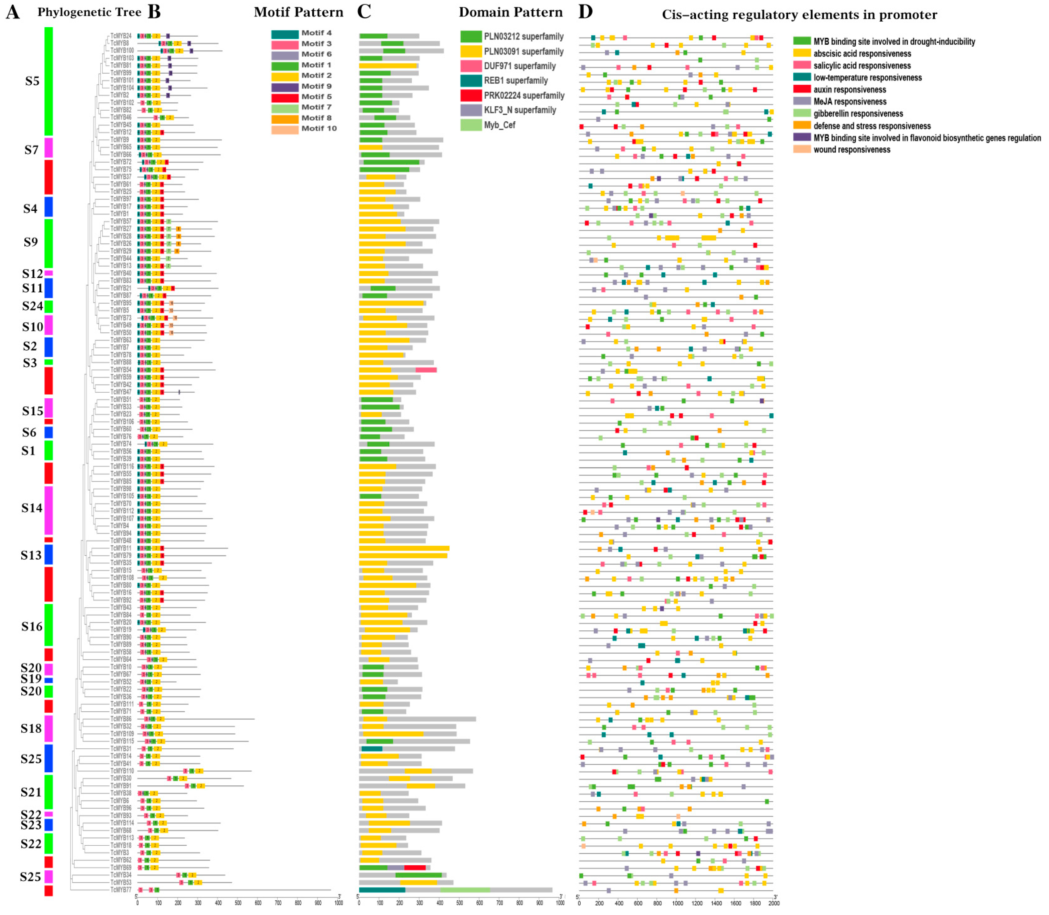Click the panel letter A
(x=13, y=12)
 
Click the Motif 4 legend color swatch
(x=284, y=34)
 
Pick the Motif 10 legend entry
(x=319, y=128)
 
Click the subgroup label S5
(x=32, y=81)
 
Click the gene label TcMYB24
(x=121, y=36)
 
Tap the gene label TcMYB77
(x=121, y=890)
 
